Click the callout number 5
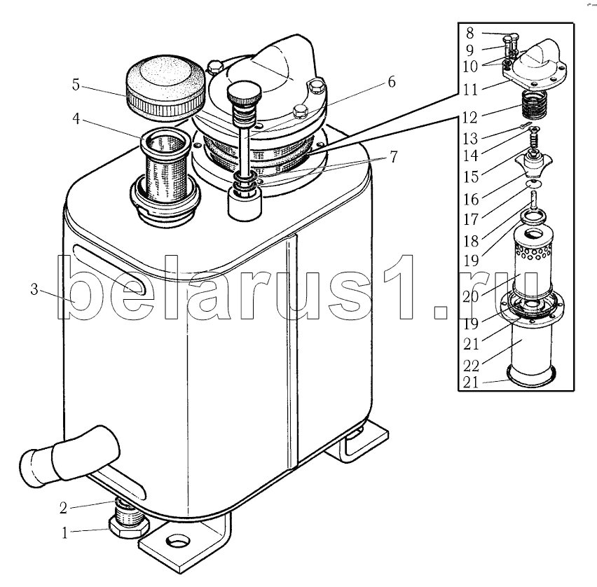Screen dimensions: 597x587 pyautogui.click(x=76, y=85)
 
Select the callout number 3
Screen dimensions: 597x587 pyautogui.click(x=34, y=290)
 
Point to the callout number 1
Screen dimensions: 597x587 pyautogui.click(x=64, y=532)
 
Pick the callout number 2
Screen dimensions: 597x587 pyautogui.click(x=63, y=508)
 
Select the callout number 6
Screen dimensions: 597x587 pyautogui.click(x=392, y=82)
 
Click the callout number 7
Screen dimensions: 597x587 pyautogui.click(x=393, y=156)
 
